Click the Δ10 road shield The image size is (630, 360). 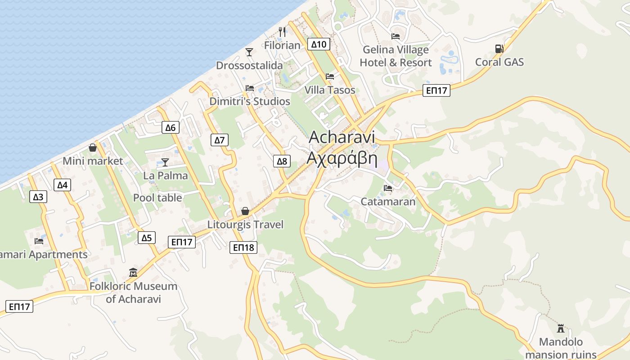click(319, 44)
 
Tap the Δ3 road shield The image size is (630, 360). click(38, 197)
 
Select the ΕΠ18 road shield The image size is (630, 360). click(243, 247)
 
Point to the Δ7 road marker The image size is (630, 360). click(219, 140)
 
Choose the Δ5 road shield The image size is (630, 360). click(146, 238)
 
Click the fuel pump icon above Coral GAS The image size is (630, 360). click(499, 48)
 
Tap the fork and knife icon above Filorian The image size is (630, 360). click(282, 32)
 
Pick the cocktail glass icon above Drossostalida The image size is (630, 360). click(249, 52)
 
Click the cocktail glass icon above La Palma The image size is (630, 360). click(165, 162)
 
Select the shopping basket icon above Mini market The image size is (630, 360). click(93, 148)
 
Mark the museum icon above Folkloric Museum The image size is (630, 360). click(133, 273)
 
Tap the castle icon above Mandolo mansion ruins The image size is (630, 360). click(561, 328)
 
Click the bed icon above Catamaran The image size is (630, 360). click(388, 188)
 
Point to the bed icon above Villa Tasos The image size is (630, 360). click(330, 76)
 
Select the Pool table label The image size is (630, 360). click(157, 198)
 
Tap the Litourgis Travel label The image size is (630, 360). click(245, 224)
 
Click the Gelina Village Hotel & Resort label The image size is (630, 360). click(396, 56)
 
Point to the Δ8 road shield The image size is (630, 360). click(282, 161)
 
